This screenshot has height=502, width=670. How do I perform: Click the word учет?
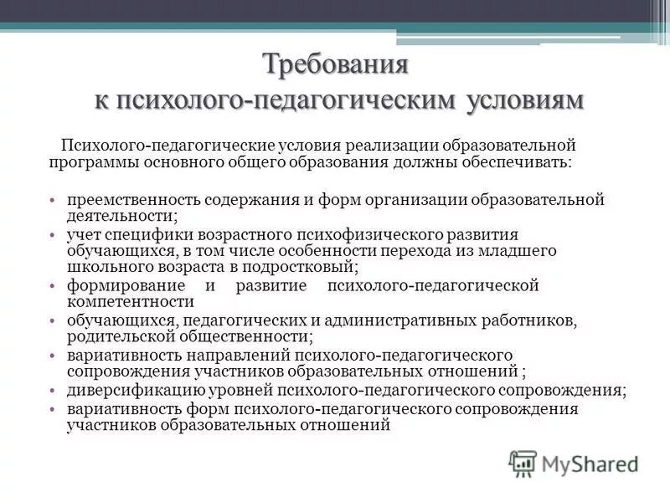(x=82, y=235)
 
